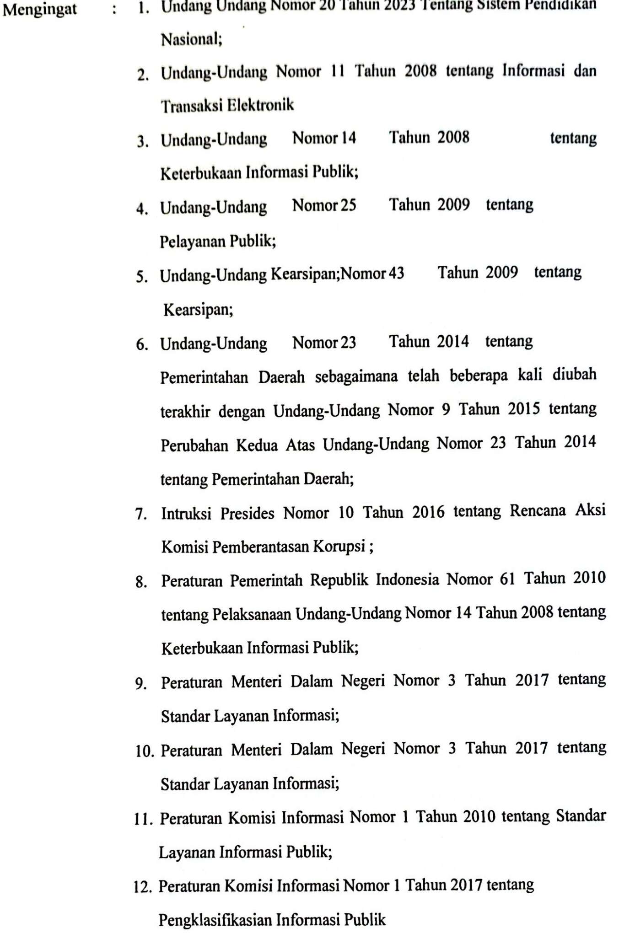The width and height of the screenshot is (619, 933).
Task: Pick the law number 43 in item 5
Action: (396, 273)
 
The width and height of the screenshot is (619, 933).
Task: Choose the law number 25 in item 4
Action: (348, 205)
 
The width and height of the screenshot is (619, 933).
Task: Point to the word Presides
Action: (247, 513)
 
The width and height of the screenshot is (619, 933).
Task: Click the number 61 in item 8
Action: (507, 579)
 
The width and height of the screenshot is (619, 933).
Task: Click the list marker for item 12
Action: (142, 888)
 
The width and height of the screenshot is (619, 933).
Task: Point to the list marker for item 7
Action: (141, 514)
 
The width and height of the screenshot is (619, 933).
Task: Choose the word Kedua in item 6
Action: (257, 445)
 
